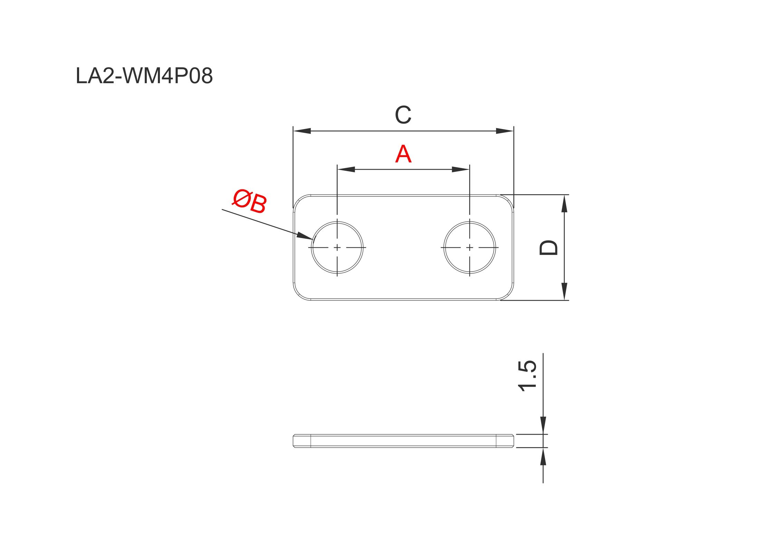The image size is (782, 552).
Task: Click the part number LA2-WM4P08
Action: (144, 76)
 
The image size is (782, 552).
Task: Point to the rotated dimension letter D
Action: (549, 247)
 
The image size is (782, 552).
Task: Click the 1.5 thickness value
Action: (527, 376)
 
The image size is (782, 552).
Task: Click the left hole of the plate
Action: (337, 247)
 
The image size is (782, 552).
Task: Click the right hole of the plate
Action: (469, 247)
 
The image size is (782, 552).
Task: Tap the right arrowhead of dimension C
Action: (505, 131)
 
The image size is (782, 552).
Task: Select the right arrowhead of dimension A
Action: (460, 169)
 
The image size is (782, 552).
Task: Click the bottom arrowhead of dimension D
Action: (564, 291)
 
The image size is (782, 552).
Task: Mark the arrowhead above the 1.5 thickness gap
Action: (543, 425)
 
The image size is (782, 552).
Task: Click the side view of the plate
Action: (403, 441)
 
